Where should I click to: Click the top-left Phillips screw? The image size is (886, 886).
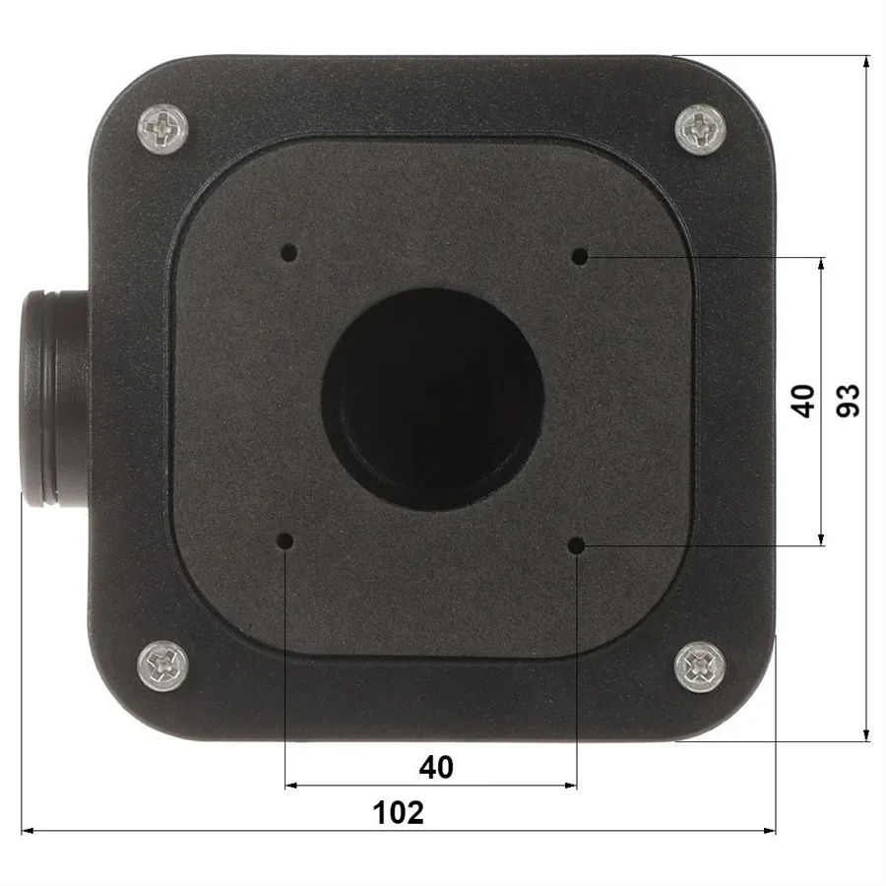(x=162, y=128)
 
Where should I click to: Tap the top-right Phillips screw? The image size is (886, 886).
(x=701, y=129)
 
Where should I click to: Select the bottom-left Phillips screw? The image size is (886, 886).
(x=162, y=666)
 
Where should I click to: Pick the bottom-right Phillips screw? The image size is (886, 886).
(x=700, y=666)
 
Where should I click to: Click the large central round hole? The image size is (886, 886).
(x=433, y=400)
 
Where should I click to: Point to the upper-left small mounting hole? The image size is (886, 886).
(x=289, y=252)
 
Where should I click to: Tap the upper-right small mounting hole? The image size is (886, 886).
(x=580, y=256)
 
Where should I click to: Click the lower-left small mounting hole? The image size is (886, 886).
(x=285, y=541)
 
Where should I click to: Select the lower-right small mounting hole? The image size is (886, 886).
(x=576, y=545)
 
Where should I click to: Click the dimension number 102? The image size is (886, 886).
(x=399, y=812)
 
